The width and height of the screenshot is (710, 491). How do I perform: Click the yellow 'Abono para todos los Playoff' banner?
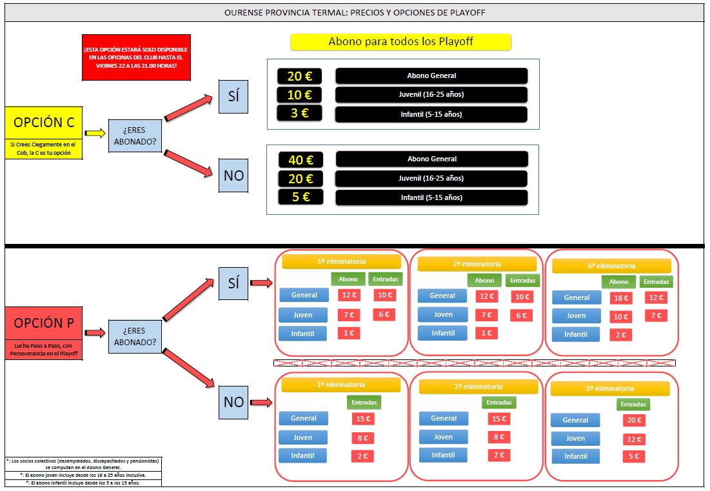[400, 42]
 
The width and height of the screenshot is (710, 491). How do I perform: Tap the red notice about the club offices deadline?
[137, 57]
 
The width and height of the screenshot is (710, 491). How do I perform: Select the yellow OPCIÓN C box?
[44, 123]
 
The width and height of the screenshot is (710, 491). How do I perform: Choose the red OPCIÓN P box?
[44, 323]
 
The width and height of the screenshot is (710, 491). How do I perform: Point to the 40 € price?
[300, 159]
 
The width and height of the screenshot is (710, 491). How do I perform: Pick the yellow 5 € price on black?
[300, 197]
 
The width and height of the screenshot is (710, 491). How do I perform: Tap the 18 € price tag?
[621, 298]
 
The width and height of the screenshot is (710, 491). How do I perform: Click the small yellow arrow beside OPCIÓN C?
[95, 133]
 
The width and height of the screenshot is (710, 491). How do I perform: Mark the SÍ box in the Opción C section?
[233, 96]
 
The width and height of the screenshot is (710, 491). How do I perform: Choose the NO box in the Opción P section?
[233, 402]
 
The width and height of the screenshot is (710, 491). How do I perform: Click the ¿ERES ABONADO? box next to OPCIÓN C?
[135, 135]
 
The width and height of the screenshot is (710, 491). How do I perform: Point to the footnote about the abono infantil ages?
[83, 483]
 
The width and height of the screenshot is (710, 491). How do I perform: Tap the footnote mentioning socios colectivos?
[83, 464]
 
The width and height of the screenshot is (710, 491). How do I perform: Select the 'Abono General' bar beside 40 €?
[431, 159]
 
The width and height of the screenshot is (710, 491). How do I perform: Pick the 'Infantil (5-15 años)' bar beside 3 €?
[431, 114]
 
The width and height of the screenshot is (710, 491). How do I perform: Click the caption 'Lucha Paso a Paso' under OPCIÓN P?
[44, 350]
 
